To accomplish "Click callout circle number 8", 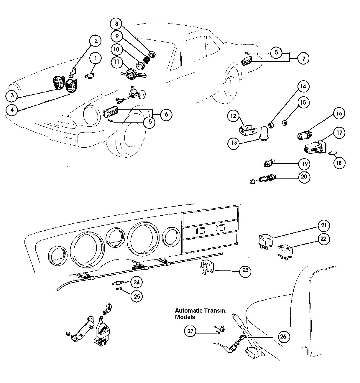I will [116, 23].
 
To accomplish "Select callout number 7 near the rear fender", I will [303, 58].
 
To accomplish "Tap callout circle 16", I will [339, 113].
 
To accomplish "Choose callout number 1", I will [95, 58].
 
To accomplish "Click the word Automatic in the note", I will [186, 311].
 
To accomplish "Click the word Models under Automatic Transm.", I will [185, 317].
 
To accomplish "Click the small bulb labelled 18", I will [331, 153].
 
